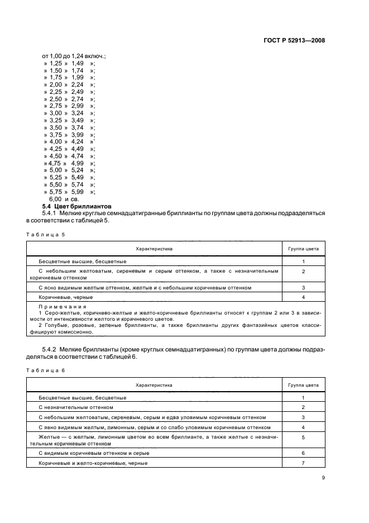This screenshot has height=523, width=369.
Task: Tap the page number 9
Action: tap(323, 477)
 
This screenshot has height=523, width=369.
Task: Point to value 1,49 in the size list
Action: tap(77, 64)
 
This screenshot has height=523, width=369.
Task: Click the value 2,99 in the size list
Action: tap(77, 106)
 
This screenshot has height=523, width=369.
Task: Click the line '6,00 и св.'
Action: tap(65, 199)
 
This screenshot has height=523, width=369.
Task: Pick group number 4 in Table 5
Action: tap(303, 297)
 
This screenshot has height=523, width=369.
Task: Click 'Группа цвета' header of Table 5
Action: tap(303, 248)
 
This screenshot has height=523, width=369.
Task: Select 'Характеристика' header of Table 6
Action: tap(154, 385)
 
